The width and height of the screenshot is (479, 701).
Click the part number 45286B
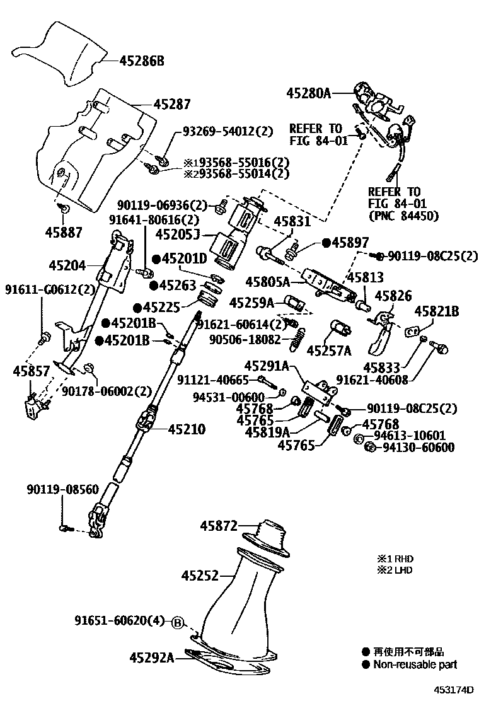141,61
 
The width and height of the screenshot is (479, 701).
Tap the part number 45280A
308,93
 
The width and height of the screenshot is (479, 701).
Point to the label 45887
63,232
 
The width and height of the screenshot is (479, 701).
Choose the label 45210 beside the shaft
186,429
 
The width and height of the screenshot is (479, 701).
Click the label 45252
200,575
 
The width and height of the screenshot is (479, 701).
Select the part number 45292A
151,658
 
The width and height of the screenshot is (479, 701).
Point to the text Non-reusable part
415,664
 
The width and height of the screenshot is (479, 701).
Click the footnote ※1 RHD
396,559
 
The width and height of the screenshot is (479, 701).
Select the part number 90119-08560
63,489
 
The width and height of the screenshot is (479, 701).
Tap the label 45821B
436,310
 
